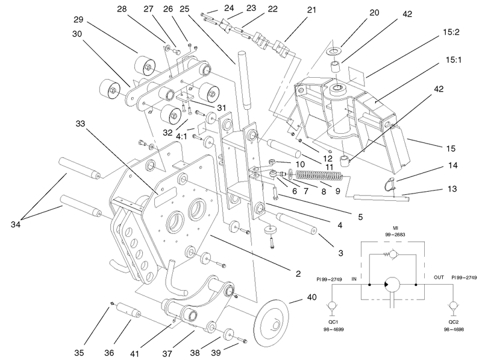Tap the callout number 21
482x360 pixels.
point(311,10)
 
